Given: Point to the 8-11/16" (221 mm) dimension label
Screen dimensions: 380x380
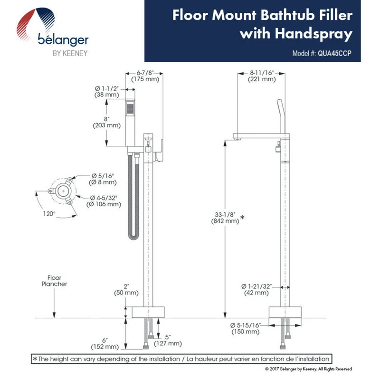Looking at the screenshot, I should [262, 76].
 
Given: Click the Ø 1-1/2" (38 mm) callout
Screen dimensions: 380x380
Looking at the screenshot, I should [106, 92].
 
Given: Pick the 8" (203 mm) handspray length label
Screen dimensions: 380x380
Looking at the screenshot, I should [106, 122].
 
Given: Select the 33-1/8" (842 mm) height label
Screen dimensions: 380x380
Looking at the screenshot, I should [225, 217].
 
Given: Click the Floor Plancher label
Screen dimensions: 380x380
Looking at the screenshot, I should [57, 281].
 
